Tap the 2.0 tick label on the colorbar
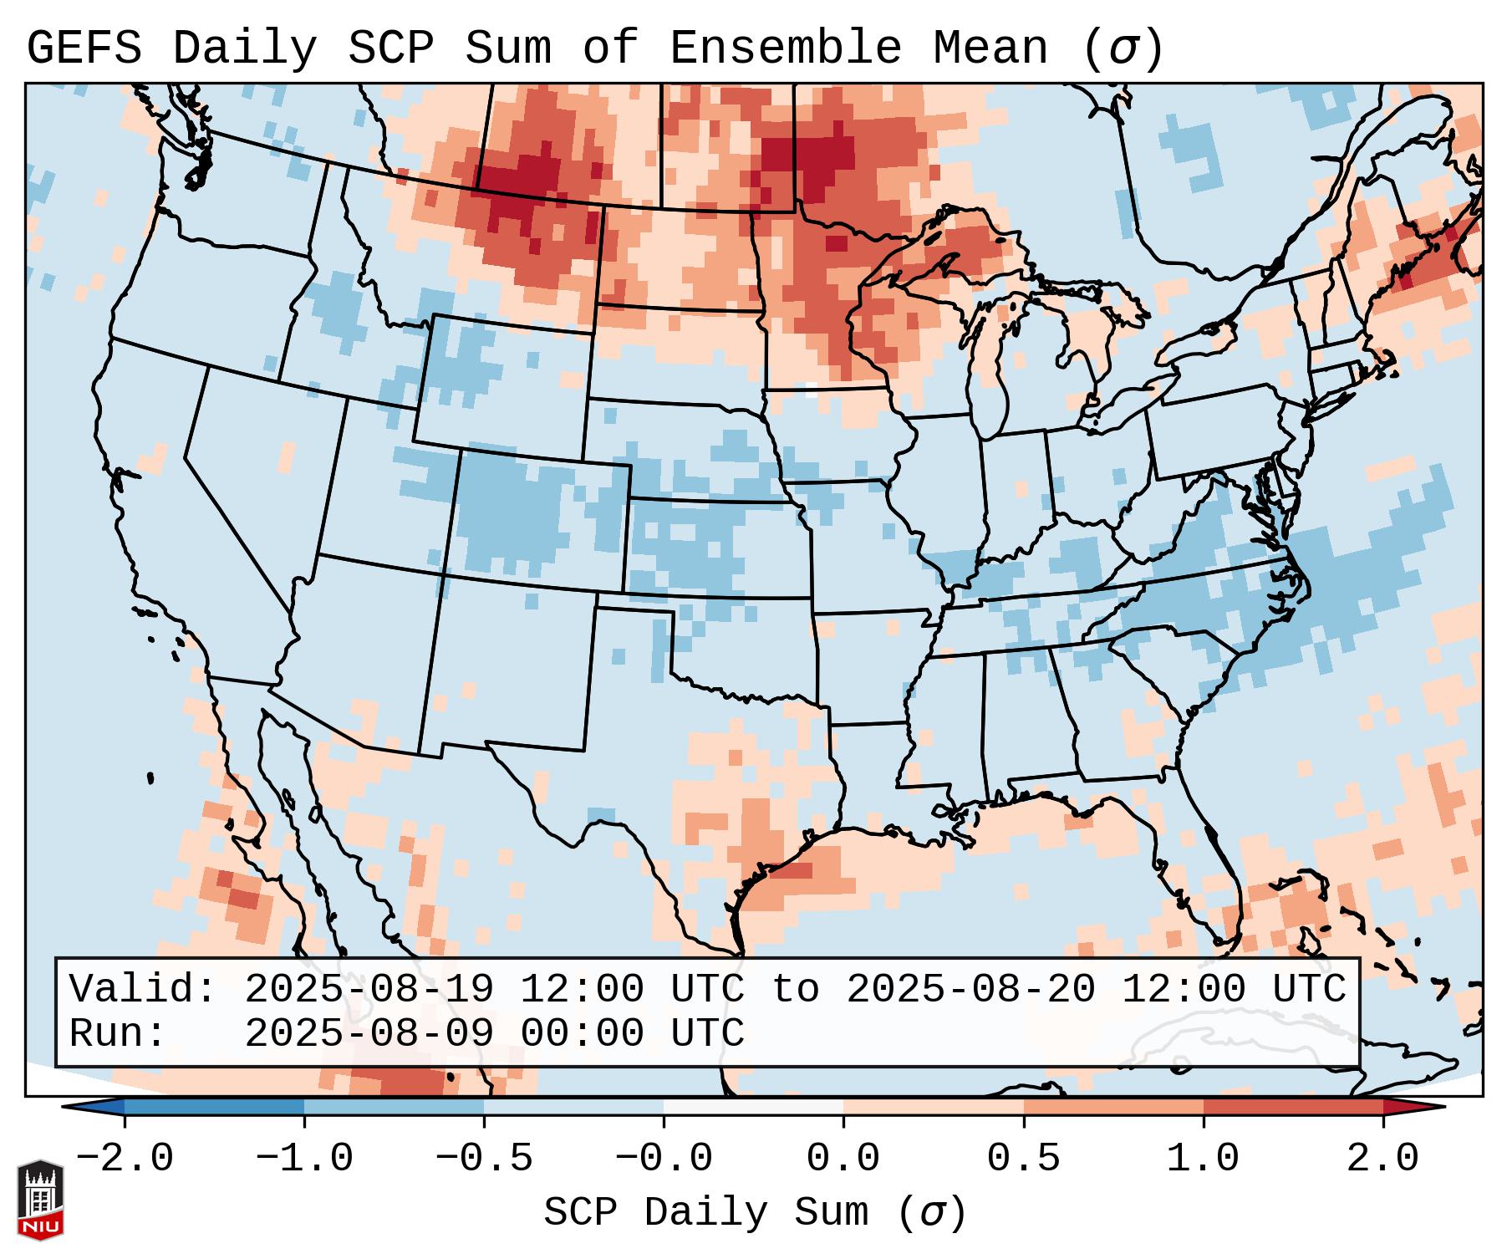[1382, 1159]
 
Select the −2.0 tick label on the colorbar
[125, 1159]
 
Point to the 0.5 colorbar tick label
[1023, 1159]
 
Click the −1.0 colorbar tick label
[303, 1159]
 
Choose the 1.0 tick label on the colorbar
[1203, 1159]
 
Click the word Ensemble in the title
[785, 48]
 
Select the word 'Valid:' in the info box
[143, 989]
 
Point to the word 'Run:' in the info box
[118, 1033]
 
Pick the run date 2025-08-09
[369, 1033]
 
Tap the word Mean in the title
[990, 48]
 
